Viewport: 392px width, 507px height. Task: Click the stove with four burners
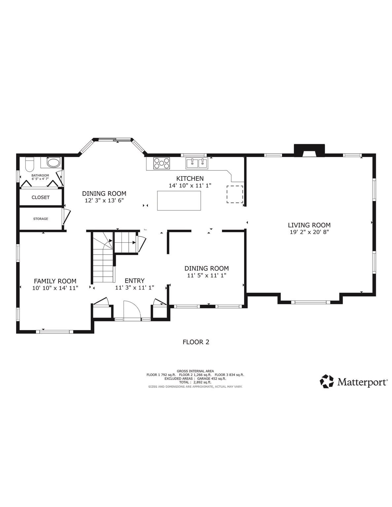pyautogui.click(x=161, y=163)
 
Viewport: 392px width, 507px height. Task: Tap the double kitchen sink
pyautogui.click(x=196, y=163)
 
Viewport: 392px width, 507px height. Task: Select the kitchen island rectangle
pyautogui.click(x=179, y=200)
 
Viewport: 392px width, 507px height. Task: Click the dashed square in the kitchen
pyautogui.click(x=234, y=194)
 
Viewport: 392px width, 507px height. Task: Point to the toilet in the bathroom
pyautogui.click(x=29, y=163)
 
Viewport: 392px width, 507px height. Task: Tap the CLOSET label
pyautogui.click(x=41, y=197)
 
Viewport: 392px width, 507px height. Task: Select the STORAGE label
pyautogui.click(x=41, y=219)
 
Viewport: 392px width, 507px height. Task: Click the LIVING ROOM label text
pyautogui.click(x=309, y=225)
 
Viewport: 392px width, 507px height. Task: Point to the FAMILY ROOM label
pyautogui.click(x=55, y=281)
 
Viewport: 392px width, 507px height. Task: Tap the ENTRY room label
pyautogui.click(x=134, y=281)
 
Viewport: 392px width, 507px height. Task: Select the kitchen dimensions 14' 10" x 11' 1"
pyautogui.click(x=190, y=186)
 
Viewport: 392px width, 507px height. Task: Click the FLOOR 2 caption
pyautogui.click(x=196, y=342)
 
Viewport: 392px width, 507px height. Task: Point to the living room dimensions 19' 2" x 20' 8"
pyautogui.click(x=309, y=232)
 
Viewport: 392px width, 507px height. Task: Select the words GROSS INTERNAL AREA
pyautogui.click(x=195, y=371)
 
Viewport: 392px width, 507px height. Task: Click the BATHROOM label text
pyautogui.click(x=40, y=175)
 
